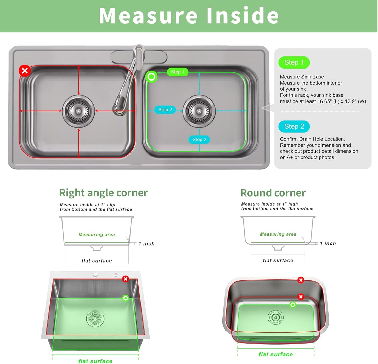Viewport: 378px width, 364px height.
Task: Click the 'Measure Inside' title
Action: (189, 16)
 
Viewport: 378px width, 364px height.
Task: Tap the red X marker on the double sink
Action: (25, 71)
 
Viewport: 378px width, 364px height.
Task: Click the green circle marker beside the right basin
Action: (151, 77)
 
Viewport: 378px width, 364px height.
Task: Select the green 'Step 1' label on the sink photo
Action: (178, 72)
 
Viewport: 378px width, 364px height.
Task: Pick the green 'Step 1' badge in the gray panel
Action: (294, 62)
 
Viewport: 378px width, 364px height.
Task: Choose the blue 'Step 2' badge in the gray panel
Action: (294, 127)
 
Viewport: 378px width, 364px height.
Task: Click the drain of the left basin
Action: (78, 111)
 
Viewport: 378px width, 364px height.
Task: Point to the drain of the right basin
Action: (199, 111)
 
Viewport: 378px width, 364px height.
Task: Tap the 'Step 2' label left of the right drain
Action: (165, 110)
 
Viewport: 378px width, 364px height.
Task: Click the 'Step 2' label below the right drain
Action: (199, 140)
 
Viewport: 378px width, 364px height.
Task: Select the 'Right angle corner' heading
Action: (103, 193)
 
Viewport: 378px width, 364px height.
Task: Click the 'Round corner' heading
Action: (273, 193)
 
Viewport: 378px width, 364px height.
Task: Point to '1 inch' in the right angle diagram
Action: (146, 244)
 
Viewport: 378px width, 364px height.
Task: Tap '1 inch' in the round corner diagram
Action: (328, 243)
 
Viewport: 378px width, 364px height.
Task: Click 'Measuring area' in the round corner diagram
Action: (278, 234)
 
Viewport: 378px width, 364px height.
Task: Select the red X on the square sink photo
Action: (126, 279)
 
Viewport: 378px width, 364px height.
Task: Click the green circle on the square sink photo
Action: (126, 298)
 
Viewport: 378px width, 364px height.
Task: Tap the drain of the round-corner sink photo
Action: (275, 317)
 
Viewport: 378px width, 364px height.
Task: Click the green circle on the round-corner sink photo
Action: (293, 305)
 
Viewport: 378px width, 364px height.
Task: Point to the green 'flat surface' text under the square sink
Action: (95, 361)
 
